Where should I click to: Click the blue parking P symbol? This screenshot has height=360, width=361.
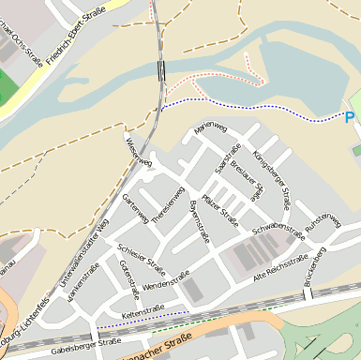[350, 117]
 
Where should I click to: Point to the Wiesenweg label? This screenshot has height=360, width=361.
[138, 149]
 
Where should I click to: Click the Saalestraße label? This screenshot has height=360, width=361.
[229, 157]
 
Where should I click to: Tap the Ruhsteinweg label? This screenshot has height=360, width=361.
[323, 221]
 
